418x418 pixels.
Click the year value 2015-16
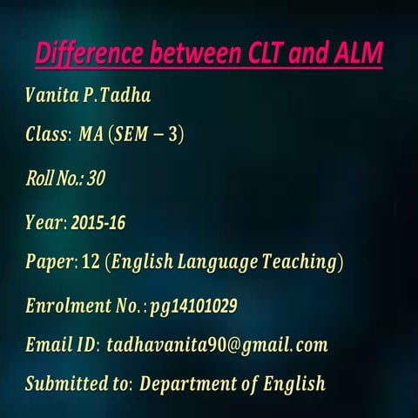coord(98,223)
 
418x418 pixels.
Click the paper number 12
coord(90,262)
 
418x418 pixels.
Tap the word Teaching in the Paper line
coord(299,262)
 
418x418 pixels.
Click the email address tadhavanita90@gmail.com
coord(217,345)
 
